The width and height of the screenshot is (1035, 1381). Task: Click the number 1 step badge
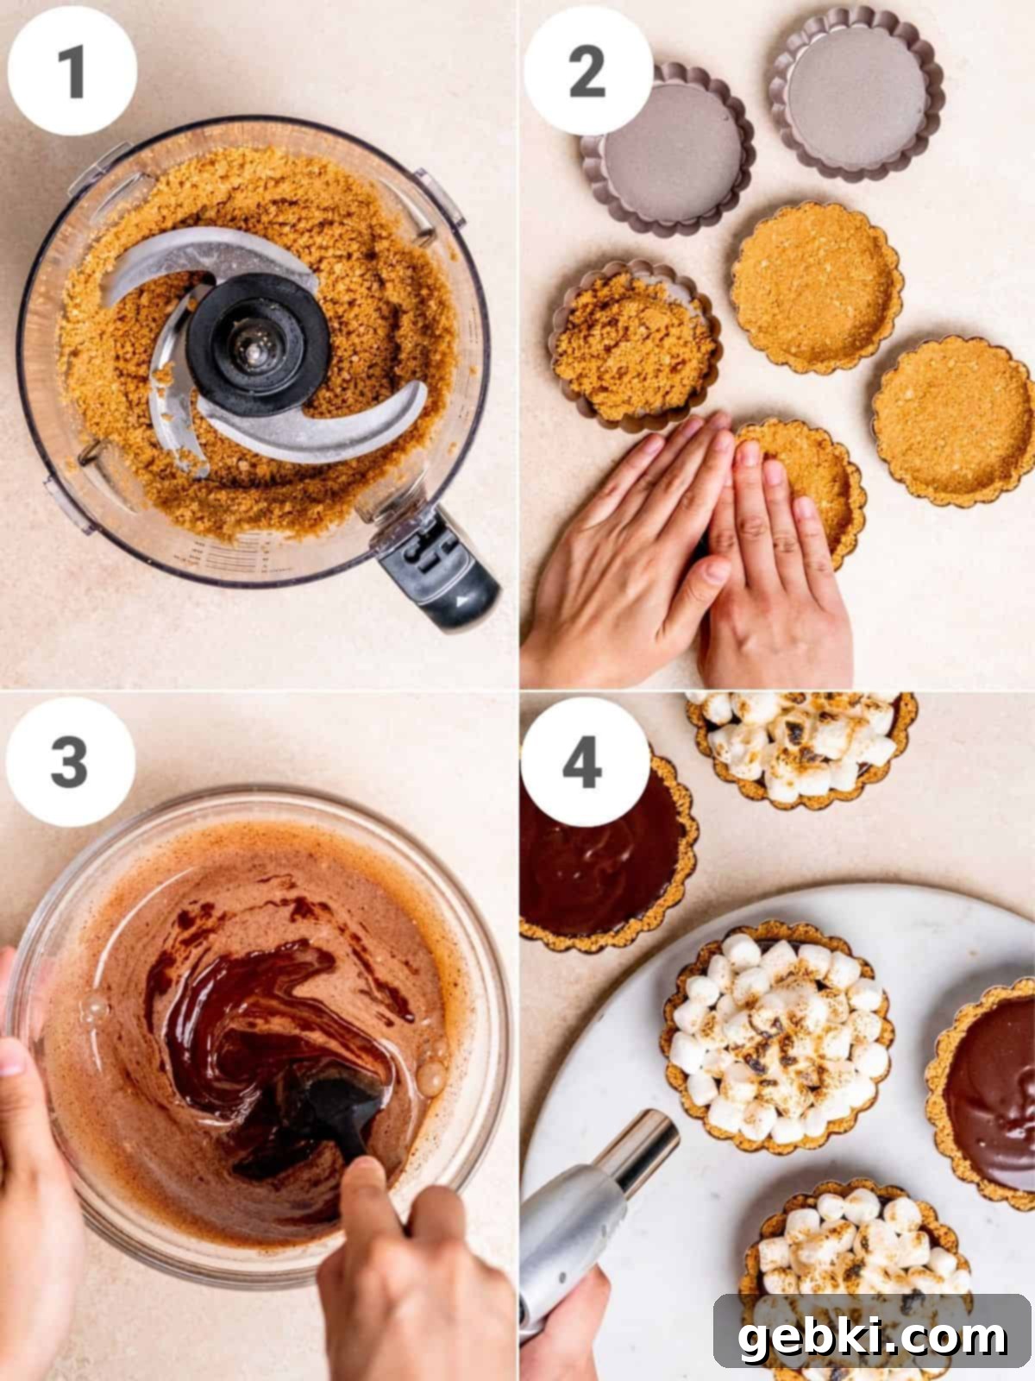tap(72, 71)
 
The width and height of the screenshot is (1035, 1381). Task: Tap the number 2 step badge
tap(587, 71)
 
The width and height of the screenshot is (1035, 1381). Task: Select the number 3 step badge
tap(71, 761)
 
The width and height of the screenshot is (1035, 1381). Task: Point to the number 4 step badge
tap(585, 761)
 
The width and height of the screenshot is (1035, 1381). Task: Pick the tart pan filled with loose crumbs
tap(636, 347)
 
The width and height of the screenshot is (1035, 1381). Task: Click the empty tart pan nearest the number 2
tap(668, 149)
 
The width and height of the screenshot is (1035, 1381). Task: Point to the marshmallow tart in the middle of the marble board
tap(777, 1038)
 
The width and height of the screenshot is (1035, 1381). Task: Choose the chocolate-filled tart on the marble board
tap(983, 1094)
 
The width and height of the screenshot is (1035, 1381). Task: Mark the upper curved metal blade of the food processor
tap(207, 264)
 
